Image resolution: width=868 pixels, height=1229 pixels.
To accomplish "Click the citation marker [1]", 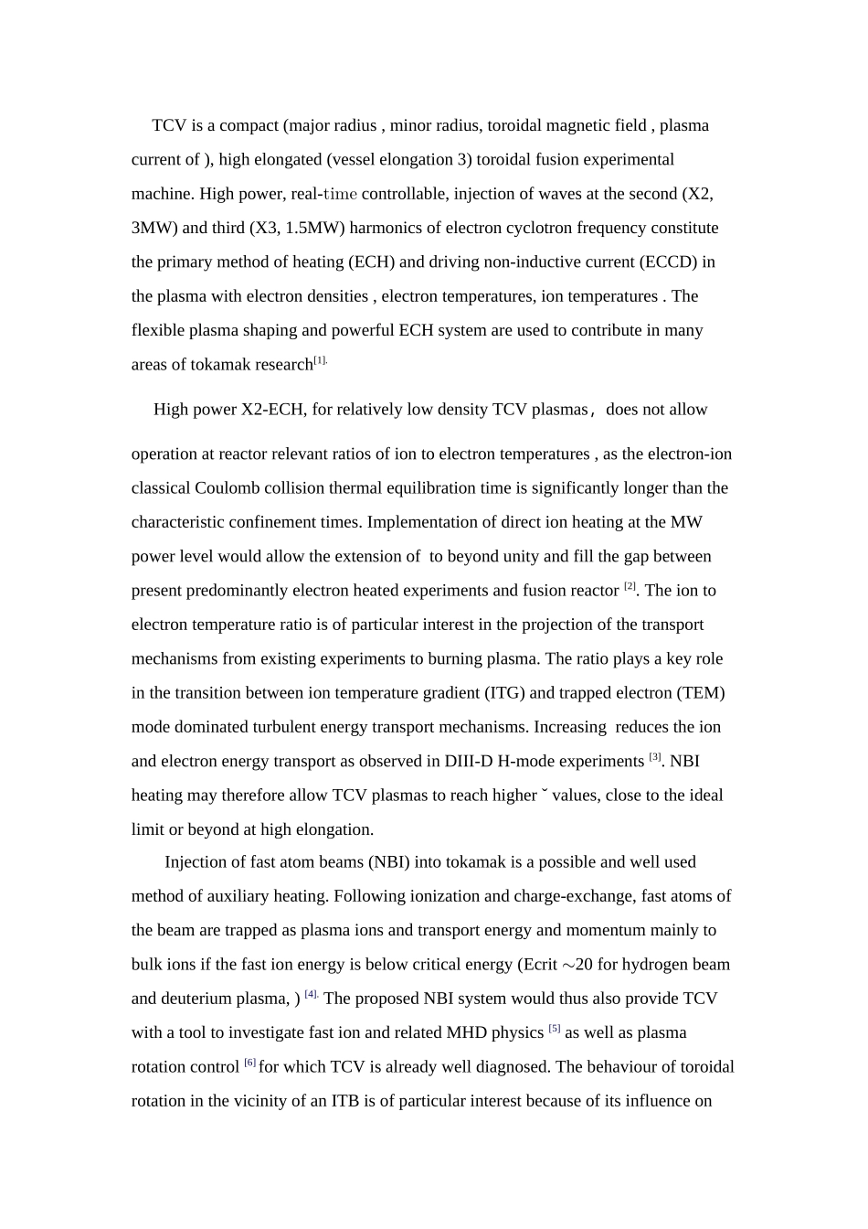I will click(320, 360).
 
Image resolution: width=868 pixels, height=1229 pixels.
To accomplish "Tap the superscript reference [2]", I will click(630, 586).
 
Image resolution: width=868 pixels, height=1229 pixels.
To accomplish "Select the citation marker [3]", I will click(654, 757).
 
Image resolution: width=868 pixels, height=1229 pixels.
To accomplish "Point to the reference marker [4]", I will click(311, 994).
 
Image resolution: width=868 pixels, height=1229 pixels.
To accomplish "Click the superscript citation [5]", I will click(554, 1029).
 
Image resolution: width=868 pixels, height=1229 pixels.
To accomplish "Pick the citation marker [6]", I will click(249, 1063).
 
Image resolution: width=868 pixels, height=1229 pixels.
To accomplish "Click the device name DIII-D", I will click(469, 761).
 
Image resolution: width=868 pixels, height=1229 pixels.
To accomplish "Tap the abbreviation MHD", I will click(467, 1032).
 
